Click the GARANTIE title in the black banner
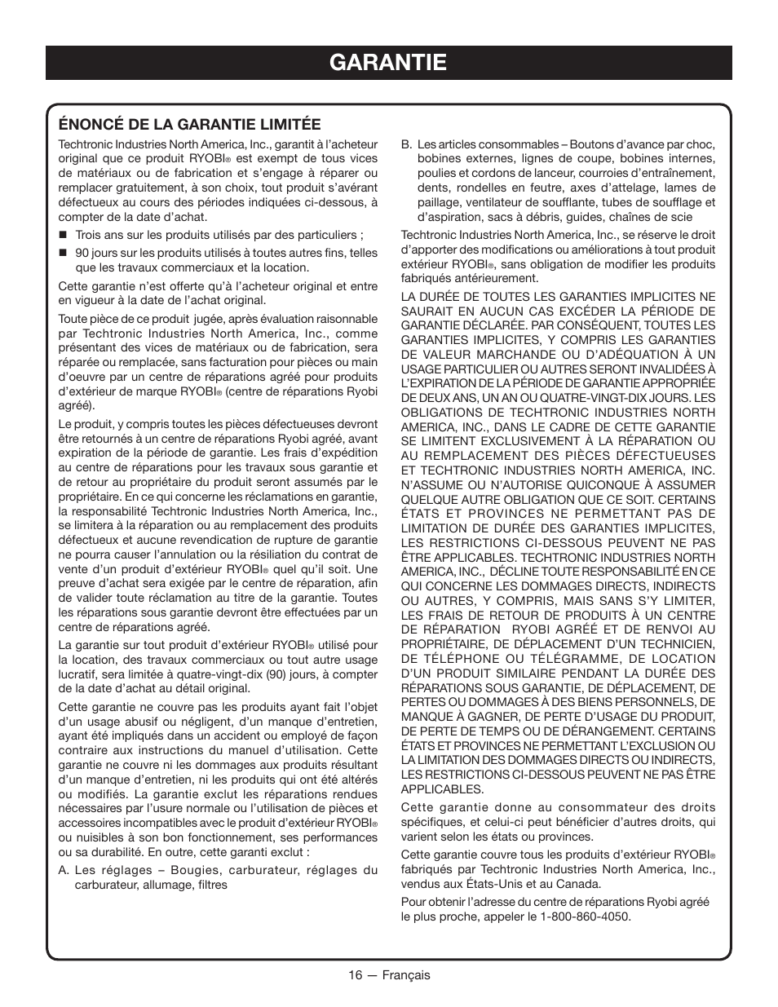pyautogui.click(x=388, y=62)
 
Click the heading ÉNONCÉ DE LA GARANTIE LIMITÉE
pyautogui.click(x=189, y=124)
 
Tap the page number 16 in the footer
pyautogui.click(x=354, y=974)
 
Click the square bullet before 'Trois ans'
pyautogui.click(x=62, y=235)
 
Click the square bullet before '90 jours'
pyautogui.click(x=62, y=254)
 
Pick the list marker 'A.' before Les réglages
pyautogui.click(x=64, y=870)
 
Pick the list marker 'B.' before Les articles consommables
pyautogui.click(x=406, y=144)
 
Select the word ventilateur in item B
pyautogui.click(x=493, y=202)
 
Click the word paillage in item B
pyautogui.click(x=440, y=202)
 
